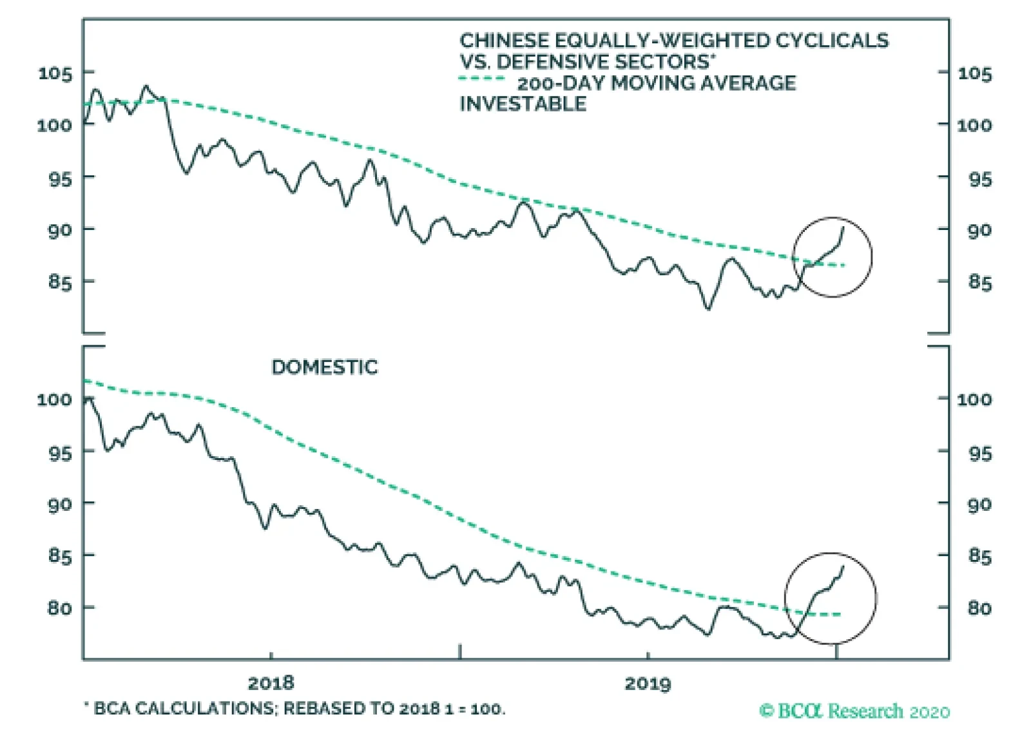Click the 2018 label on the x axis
270,682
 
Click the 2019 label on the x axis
647,682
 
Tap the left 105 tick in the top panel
55,73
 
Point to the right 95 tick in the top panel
980,178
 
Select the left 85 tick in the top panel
60,282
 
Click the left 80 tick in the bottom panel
60,608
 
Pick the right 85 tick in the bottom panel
980,555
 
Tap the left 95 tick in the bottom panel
60,453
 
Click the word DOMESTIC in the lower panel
324,367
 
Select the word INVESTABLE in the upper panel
523,104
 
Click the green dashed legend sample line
482,79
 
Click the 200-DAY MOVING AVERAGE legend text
657,83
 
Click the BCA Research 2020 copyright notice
854,711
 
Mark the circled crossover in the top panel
832,257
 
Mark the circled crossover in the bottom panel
830,598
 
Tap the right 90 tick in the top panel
980,230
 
